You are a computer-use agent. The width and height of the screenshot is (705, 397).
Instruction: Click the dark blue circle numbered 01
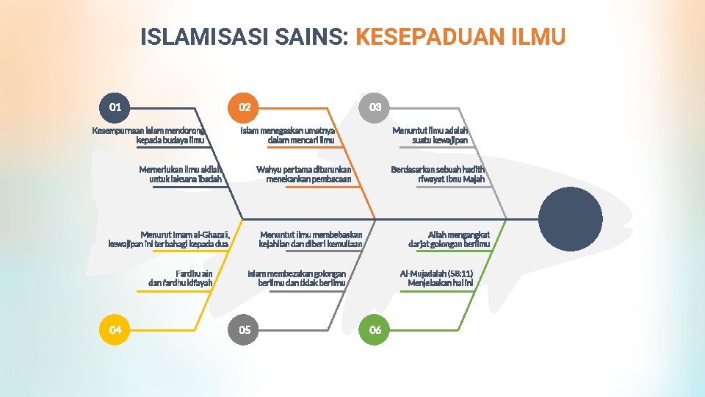[115, 107]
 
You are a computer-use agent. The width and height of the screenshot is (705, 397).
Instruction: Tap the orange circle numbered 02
[245, 107]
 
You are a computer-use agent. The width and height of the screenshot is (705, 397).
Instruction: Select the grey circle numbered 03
[375, 107]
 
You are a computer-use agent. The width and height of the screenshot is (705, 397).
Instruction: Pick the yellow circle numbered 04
[115, 329]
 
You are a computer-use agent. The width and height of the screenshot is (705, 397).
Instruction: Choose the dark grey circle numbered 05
[245, 329]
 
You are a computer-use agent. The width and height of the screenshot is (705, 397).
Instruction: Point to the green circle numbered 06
[375, 329]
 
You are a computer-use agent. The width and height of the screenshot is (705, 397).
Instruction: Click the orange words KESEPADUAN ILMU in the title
[460, 37]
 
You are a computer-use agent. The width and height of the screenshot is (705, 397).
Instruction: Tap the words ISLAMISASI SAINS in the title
[244, 37]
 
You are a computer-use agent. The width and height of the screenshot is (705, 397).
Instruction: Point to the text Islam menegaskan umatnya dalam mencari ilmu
[287, 135]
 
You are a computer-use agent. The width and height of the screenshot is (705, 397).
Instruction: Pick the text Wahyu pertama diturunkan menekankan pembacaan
[304, 174]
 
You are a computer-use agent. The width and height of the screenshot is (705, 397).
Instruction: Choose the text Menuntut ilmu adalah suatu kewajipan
[430, 135]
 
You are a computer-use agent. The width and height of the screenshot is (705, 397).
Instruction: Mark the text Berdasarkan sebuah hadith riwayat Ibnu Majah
[438, 174]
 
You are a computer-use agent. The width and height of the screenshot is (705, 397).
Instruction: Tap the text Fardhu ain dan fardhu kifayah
[181, 278]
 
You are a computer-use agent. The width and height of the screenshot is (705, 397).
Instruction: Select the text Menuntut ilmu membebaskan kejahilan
[311, 239]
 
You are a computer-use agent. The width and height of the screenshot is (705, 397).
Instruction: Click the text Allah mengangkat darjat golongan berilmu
[449, 239]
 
